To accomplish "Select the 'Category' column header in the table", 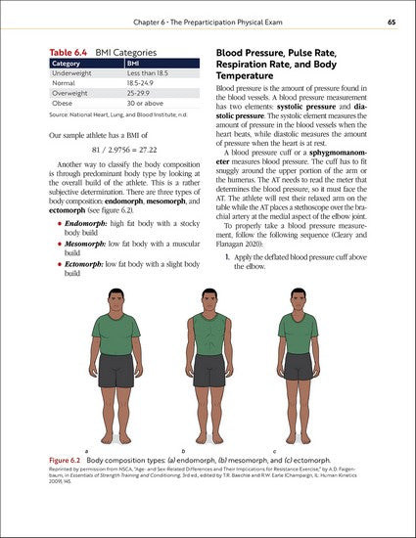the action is [68, 64].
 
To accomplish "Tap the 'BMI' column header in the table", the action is [134, 64].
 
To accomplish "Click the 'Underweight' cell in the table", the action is [71, 73].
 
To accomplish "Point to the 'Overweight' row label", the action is [69, 93].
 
